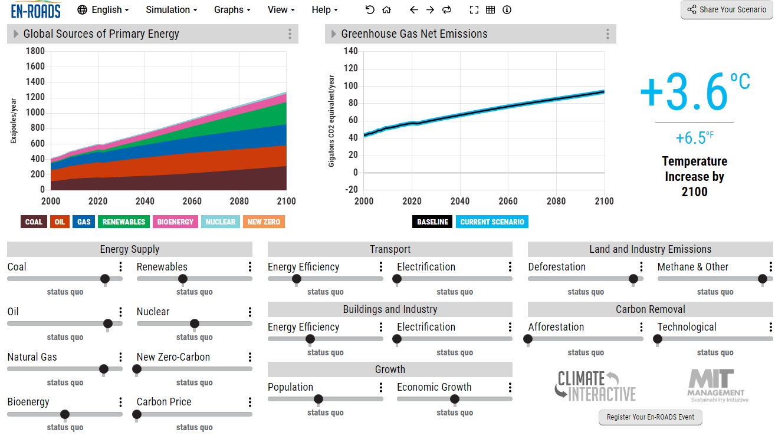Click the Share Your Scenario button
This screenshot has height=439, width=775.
(x=726, y=9)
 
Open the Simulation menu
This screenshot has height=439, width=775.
(x=171, y=9)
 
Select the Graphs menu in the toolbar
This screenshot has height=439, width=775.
(x=232, y=9)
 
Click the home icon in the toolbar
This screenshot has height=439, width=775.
(x=387, y=9)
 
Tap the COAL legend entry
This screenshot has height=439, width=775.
(x=34, y=222)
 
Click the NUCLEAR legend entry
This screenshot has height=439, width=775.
(x=220, y=222)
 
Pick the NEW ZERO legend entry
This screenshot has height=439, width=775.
(x=263, y=222)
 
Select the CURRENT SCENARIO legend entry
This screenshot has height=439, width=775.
(x=492, y=222)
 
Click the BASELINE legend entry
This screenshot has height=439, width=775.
(x=433, y=222)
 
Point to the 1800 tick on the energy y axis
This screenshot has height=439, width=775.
(x=35, y=51)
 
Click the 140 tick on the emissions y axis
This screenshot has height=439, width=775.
(x=350, y=51)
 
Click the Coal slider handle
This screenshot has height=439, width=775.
(x=105, y=279)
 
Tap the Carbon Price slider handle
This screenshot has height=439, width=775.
(x=137, y=414)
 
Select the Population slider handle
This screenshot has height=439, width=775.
(x=318, y=399)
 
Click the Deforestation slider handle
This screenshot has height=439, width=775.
(x=633, y=279)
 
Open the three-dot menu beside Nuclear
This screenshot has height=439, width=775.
(x=250, y=312)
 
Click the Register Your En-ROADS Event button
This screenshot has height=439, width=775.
(x=651, y=417)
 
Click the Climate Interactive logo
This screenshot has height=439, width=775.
(x=595, y=385)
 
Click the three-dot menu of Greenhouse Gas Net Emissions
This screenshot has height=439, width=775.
(x=607, y=34)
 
